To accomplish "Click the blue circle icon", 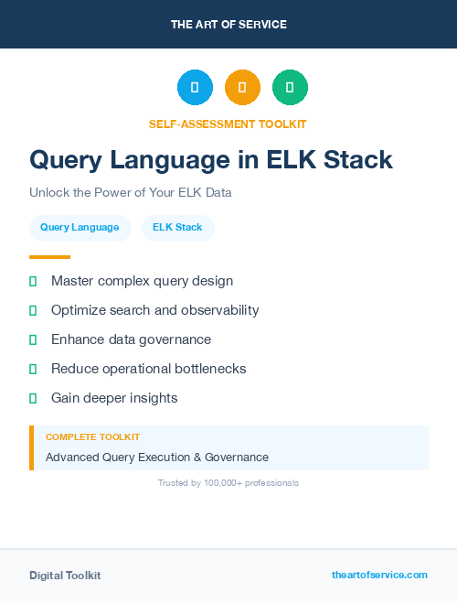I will [195, 88].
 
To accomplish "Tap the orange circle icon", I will [242, 88].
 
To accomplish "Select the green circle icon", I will [290, 88].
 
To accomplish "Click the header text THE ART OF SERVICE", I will [228, 25].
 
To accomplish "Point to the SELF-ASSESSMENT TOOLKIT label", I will [228, 124].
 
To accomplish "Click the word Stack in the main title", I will [355, 160].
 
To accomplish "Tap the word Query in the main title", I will [66, 160].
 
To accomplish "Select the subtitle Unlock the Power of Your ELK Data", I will [131, 193].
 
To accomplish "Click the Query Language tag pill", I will [80, 227].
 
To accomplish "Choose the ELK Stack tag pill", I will [177, 227].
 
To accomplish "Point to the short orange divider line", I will [49, 257].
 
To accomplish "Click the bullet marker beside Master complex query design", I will [33, 281].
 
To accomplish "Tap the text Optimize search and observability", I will [155, 310].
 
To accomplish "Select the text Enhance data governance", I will [131, 339].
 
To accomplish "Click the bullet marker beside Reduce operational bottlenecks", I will [33, 369].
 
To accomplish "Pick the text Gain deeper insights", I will [114, 398].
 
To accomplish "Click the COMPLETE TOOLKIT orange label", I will [92, 437].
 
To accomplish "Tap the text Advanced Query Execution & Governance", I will [157, 457].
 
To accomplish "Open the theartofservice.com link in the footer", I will [379, 575].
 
